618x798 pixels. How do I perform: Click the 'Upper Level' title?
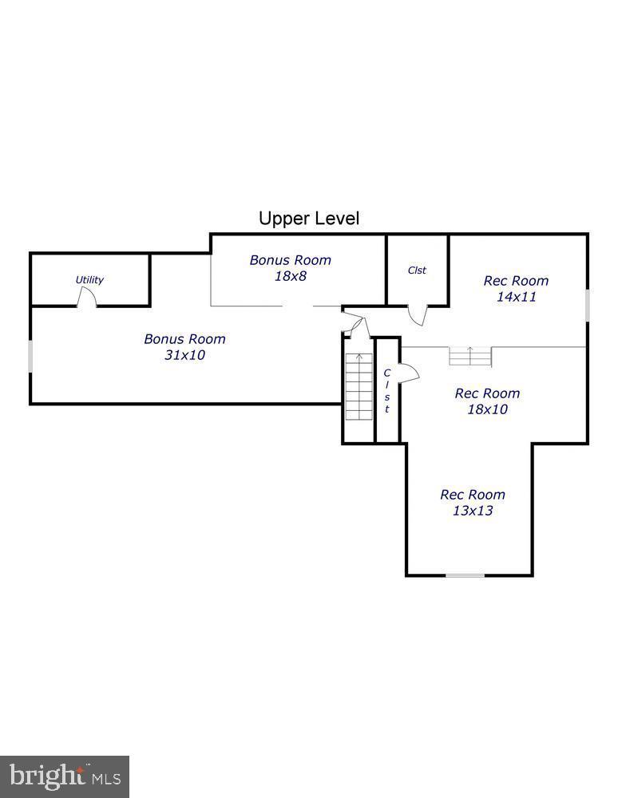pos(309,218)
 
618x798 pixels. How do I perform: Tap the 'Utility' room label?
pos(89,280)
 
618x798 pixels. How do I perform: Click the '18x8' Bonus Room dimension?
pos(290,276)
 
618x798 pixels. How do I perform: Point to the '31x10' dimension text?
pos(184,355)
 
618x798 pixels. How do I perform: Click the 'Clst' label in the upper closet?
pos(417,271)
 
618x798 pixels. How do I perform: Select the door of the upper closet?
pos(417,314)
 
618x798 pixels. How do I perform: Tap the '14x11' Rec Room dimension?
pos(516,297)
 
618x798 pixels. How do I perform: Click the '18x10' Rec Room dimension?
pos(487,409)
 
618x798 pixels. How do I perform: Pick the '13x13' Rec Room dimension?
pos(473,511)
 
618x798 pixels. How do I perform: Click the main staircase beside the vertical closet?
pos(359,387)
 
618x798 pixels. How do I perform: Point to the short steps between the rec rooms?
pos(469,356)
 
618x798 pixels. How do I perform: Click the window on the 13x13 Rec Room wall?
pos(465,575)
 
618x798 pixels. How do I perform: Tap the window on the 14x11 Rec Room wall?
pos(588,305)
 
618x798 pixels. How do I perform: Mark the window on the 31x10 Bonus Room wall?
pos(30,355)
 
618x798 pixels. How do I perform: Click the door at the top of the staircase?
pos(354,326)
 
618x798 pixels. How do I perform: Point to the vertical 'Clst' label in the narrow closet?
pos(387,391)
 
